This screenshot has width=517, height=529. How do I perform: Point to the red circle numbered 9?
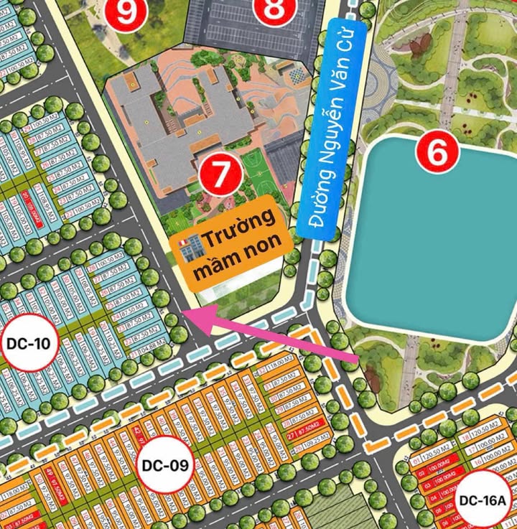126,13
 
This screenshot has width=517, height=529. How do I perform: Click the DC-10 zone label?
28,342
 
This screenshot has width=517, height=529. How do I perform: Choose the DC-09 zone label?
165,465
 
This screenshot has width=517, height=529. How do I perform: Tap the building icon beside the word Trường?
187,244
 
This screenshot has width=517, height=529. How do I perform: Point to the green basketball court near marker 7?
255,168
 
